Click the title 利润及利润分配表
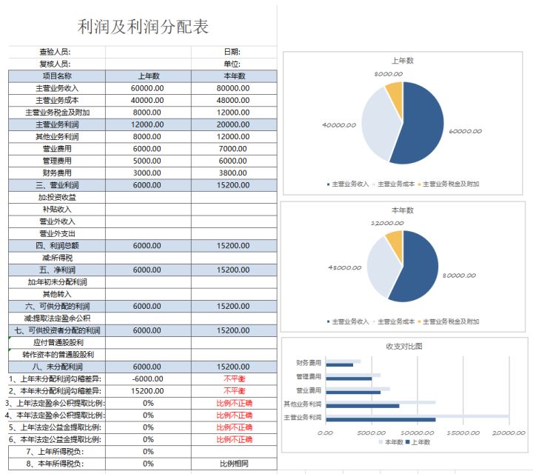[144, 27]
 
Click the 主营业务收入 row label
[57, 87]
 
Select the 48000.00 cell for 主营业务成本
[232, 100]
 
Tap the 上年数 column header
[147, 76]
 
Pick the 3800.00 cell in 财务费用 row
[232, 173]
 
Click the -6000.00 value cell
[147, 378]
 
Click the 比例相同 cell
[232, 464]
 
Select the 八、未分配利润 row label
[57, 367]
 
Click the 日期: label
[232, 52]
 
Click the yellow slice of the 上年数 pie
[395, 99]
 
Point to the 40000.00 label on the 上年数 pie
[338, 125]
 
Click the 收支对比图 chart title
[403, 346]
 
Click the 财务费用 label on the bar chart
[309, 363]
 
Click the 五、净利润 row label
[57, 270]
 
